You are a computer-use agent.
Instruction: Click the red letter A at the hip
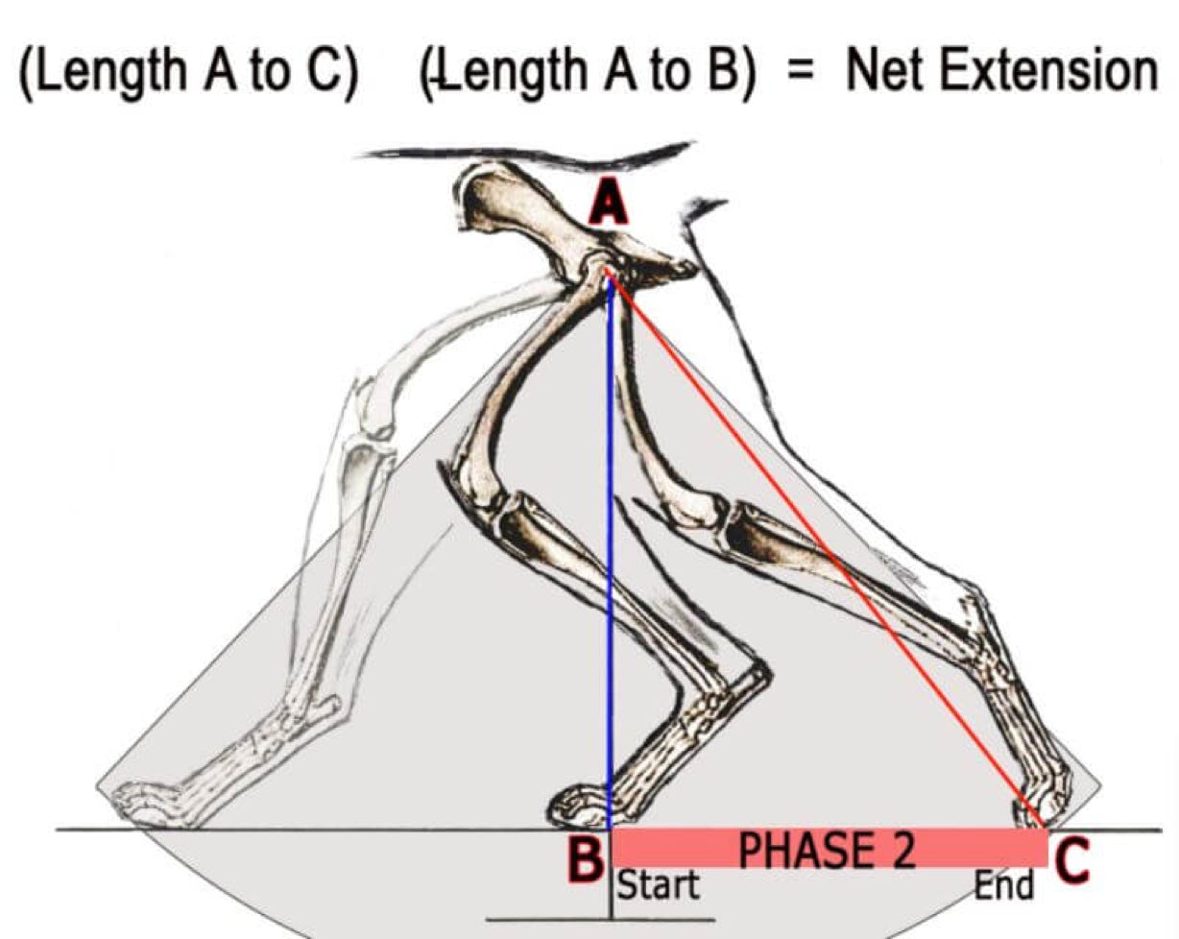pos(607,205)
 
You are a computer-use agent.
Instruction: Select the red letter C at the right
pos(1072,860)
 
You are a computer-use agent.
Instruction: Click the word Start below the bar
pos(657,884)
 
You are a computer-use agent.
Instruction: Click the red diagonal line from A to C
pos(826,547)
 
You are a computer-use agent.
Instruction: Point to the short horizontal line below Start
pos(600,920)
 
